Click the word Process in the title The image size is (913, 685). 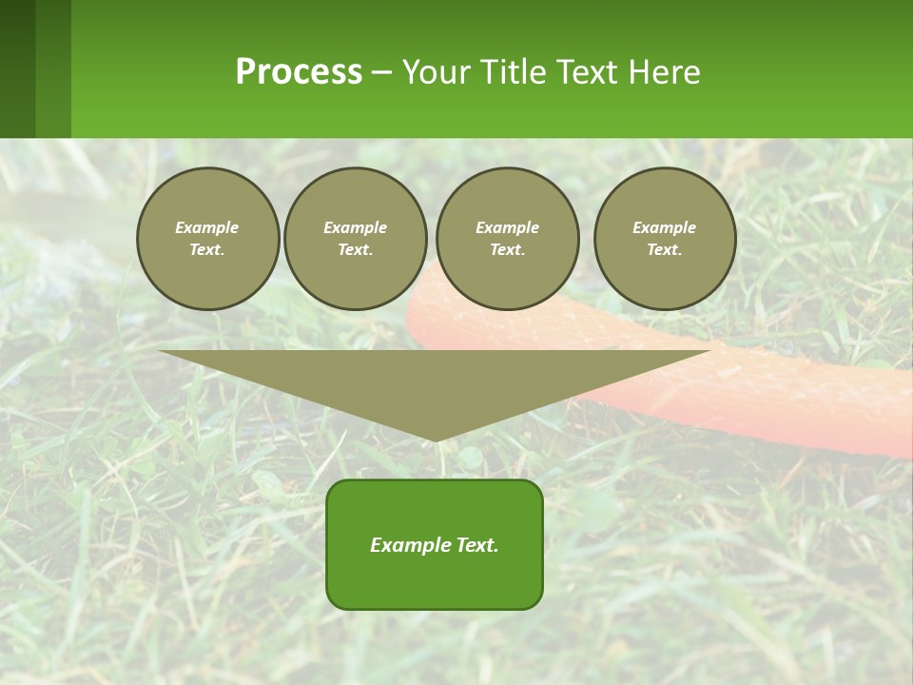pyautogui.click(x=299, y=72)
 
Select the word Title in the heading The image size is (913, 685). pyautogui.click(x=515, y=72)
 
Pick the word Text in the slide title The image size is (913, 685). pyautogui.click(x=588, y=72)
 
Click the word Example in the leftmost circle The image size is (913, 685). pyautogui.click(x=207, y=227)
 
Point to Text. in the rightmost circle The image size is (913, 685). pyautogui.click(x=665, y=249)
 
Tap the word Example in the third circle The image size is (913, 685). pyautogui.click(x=507, y=227)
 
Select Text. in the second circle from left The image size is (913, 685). pyautogui.click(x=356, y=249)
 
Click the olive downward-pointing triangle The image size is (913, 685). pyautogui.click(x=434, y=381)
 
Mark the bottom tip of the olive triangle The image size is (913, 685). pyautogui.click(x=435, y=439)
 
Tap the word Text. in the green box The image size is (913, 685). pyautogui.click(x=477, y=545)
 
